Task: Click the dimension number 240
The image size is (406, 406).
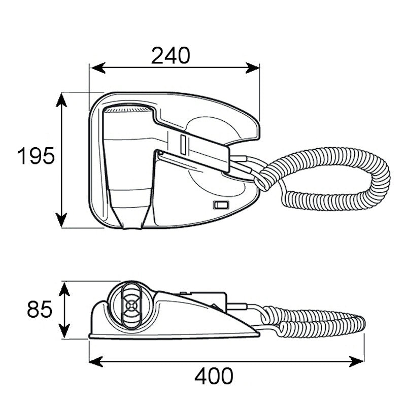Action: tap(171, 55)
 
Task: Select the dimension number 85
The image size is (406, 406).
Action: tap(40, 309)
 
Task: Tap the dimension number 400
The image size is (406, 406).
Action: tap(214, 376)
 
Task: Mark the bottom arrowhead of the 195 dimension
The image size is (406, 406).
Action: tap(61, 221)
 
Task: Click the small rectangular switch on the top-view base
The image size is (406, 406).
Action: tap(220, 206)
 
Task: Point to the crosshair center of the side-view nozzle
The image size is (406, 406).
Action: tap(131, 306)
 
